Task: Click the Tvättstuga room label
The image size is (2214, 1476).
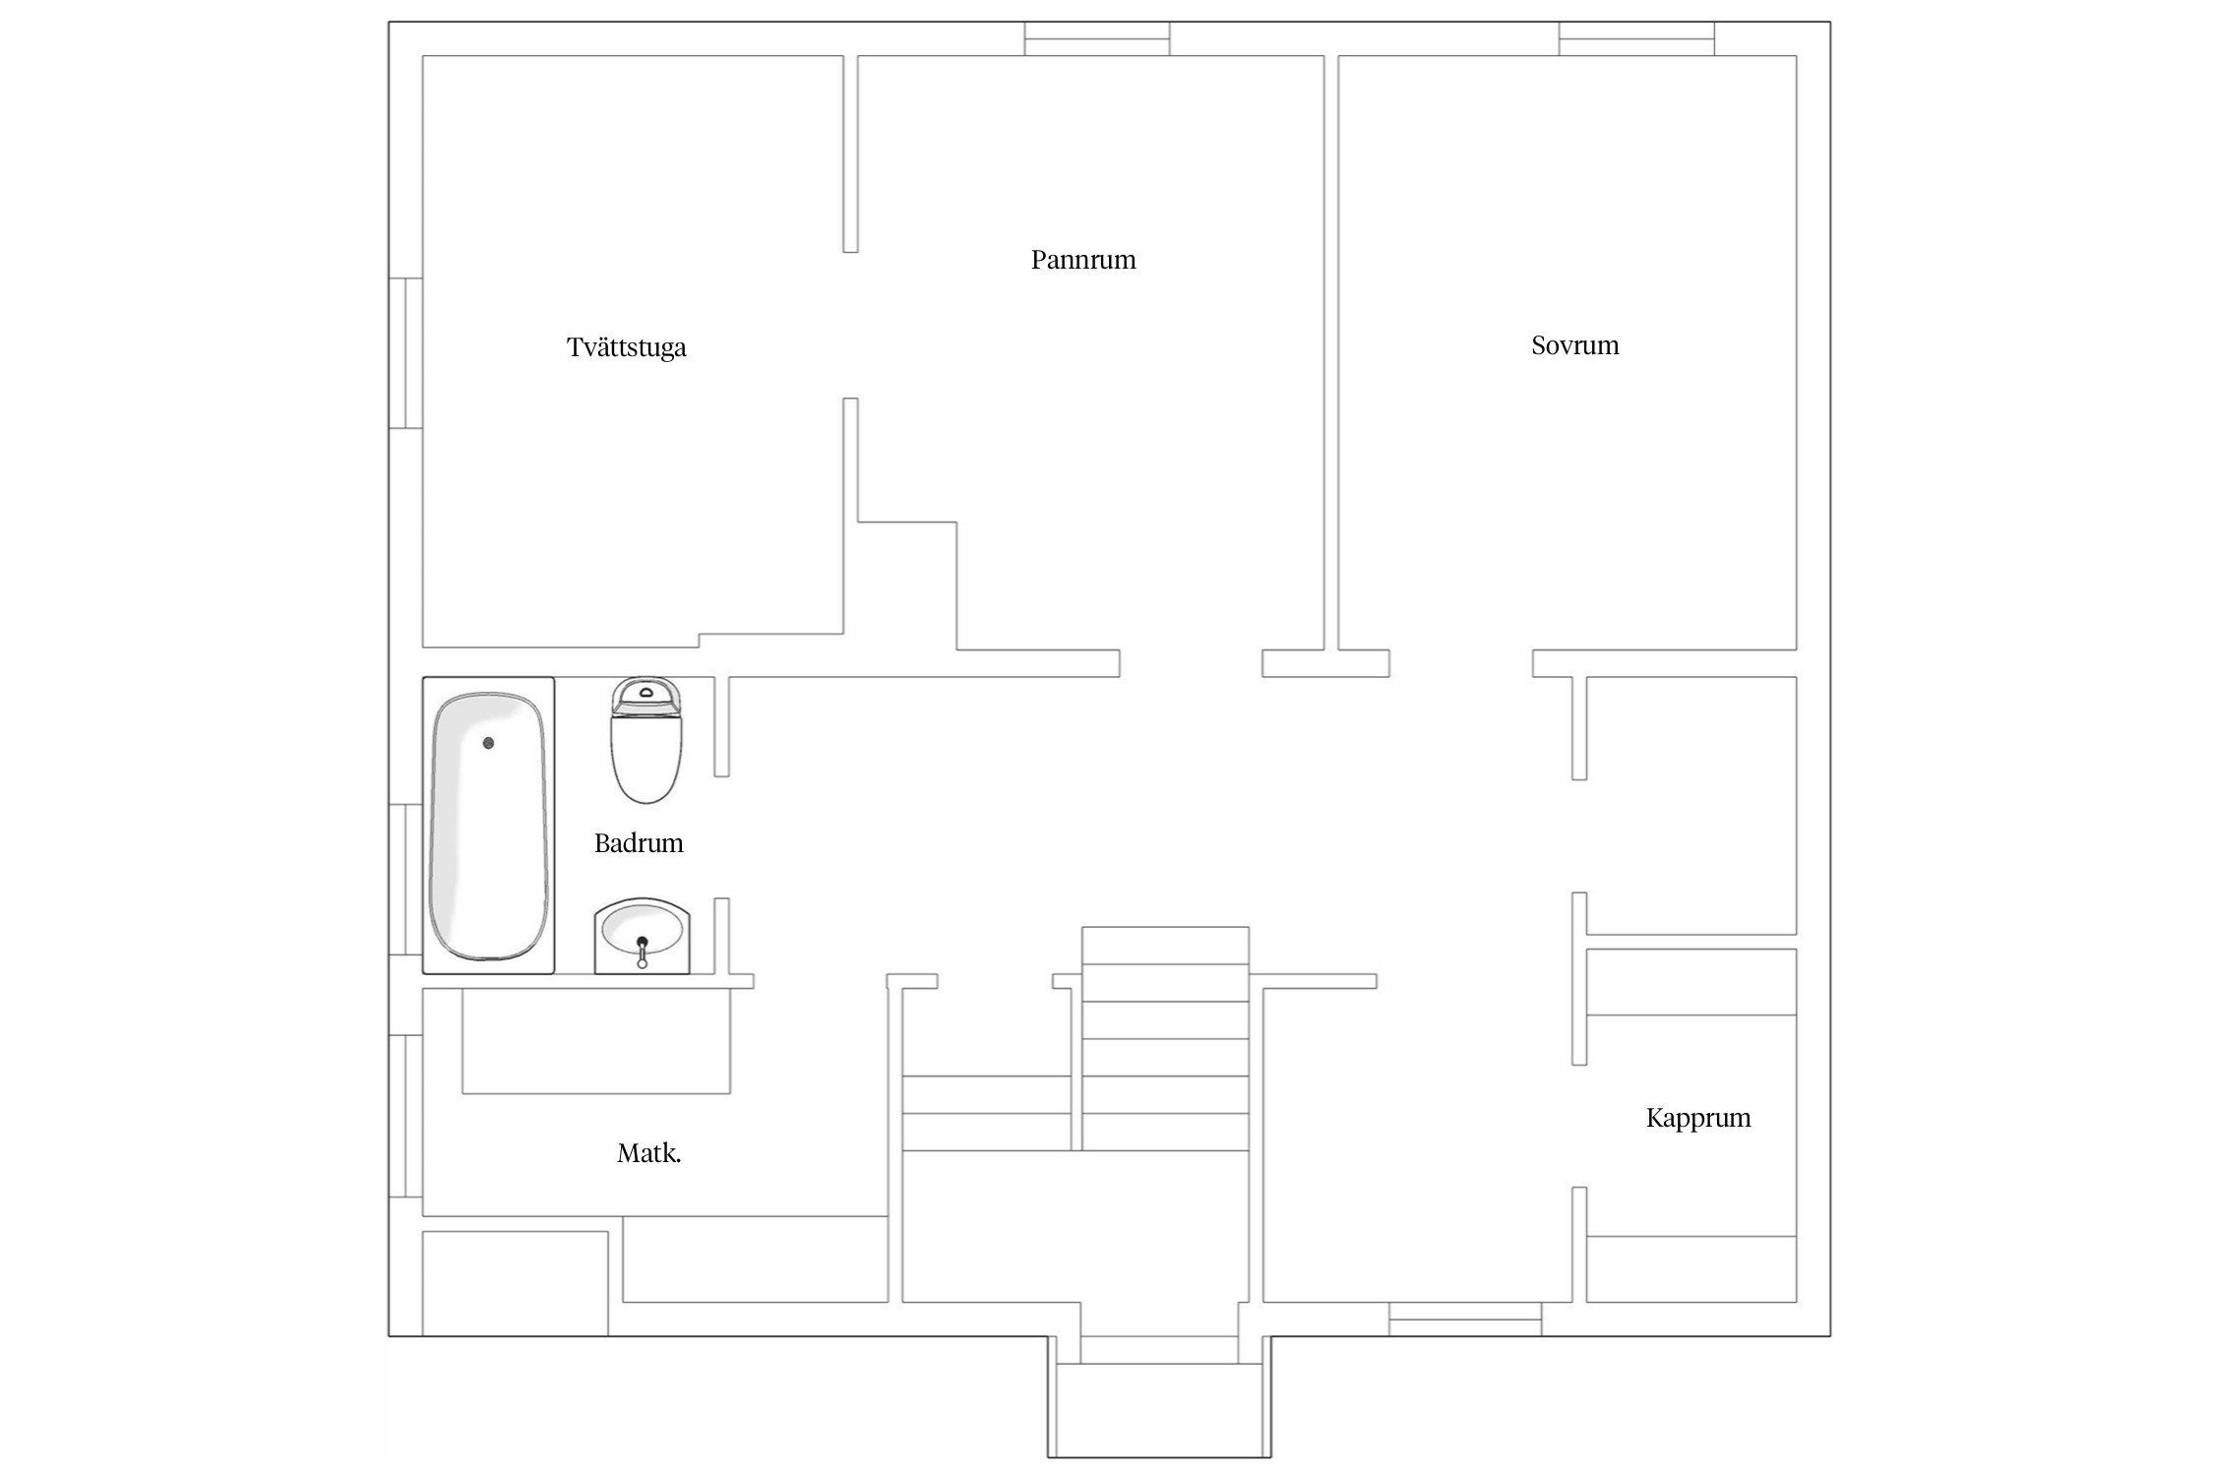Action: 626,347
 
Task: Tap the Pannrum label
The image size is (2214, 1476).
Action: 1082,260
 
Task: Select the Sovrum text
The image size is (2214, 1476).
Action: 1574,345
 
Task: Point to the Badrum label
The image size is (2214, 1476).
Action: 638,843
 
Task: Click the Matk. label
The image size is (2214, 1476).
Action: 648,1153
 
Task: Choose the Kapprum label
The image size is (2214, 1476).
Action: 1697,1118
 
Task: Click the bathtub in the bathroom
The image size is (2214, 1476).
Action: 488,827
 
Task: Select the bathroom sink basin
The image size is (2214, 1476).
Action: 642,930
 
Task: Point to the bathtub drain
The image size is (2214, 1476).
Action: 488,743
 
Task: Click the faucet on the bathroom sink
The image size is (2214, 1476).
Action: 642,951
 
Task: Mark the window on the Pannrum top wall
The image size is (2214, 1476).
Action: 1096,39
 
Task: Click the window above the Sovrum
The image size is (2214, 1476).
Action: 1635,39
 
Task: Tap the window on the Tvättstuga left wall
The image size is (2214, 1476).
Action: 405,353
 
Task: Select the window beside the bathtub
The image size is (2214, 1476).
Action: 405,880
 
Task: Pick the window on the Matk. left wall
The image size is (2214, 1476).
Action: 405,1116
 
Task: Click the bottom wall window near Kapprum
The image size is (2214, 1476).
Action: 1464,1319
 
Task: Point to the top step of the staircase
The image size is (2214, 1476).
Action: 1165,946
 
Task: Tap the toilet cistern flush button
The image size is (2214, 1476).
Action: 646,692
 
